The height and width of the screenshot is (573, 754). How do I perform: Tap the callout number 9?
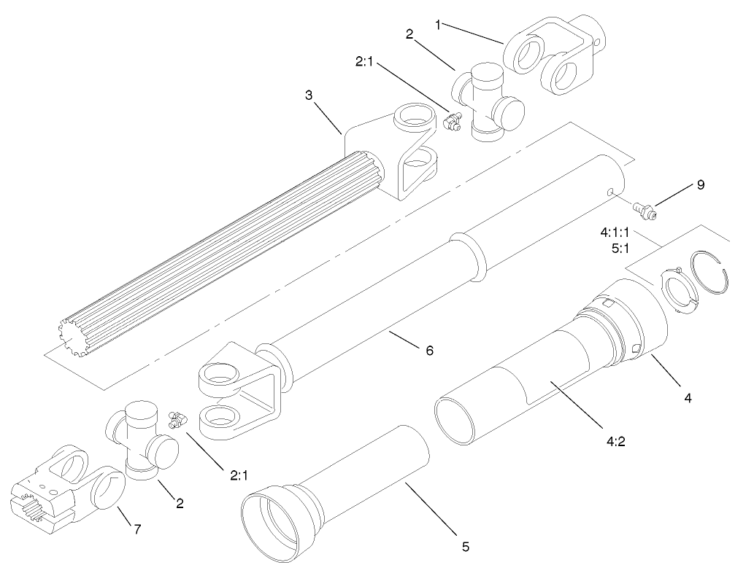tap(700, 184)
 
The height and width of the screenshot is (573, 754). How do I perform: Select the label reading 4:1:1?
tap(615, 234)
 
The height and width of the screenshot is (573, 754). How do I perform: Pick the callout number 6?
tap(429, 351)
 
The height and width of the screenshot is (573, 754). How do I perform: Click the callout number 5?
tap(465, 545)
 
